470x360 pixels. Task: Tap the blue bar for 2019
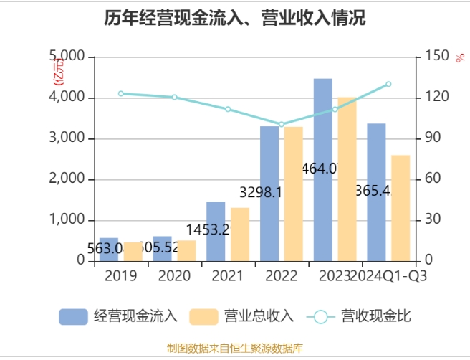109,249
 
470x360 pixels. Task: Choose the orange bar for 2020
186,250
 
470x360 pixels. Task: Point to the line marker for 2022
282,124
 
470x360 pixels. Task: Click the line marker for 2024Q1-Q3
388,84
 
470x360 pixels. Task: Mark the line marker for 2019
120,93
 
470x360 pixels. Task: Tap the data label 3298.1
259,192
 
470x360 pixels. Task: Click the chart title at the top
235,19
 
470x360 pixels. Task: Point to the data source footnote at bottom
235,349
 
